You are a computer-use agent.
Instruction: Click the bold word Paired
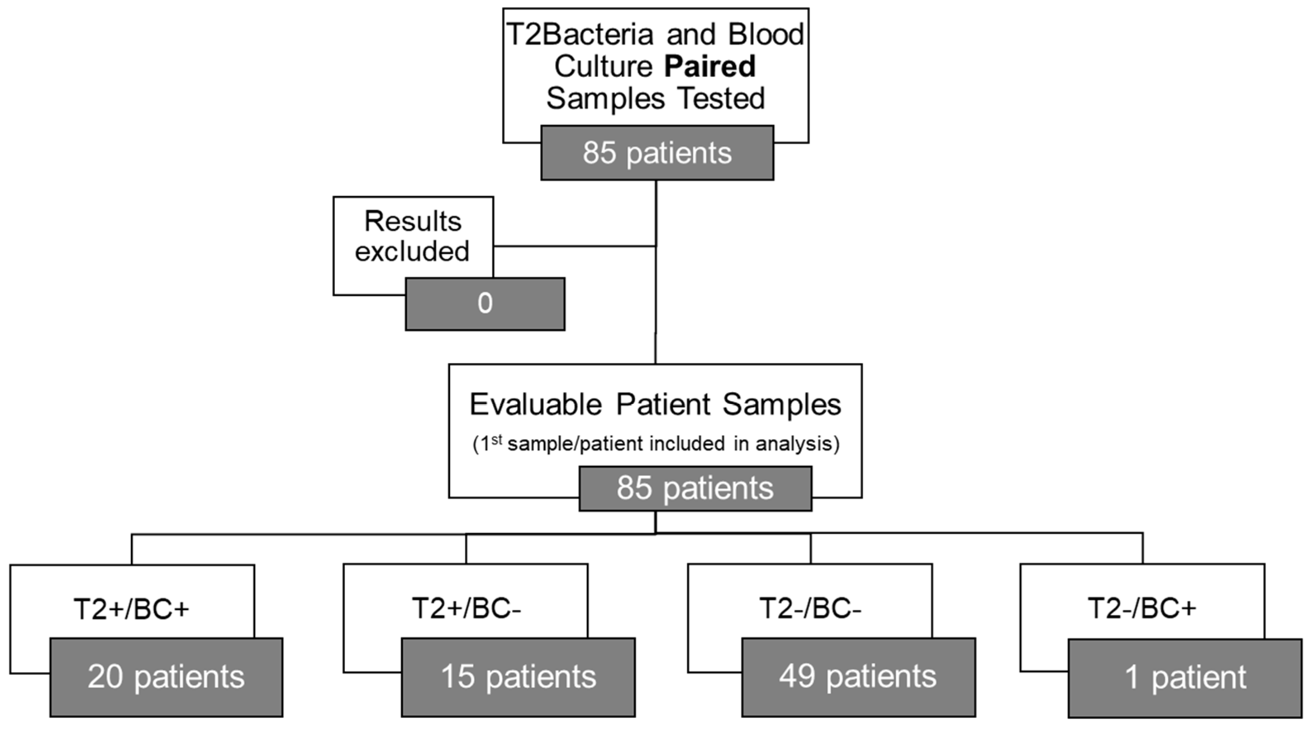coord(709,67)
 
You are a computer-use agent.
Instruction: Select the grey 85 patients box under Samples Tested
coord(657,153)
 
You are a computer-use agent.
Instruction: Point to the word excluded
coord(412,251)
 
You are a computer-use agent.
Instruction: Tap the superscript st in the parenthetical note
coord(496,439)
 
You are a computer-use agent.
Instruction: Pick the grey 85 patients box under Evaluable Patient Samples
coord(695,488)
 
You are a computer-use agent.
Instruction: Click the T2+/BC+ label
coord(132,609)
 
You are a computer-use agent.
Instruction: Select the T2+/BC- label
coord(466,609)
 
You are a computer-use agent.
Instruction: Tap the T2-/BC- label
coord(810,609)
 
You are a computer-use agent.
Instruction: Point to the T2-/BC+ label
coord(1142,609)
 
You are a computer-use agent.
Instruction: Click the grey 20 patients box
coord(166,677)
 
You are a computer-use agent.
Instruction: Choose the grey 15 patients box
coord(518,677)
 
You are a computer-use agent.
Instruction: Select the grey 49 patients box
coord(858,677)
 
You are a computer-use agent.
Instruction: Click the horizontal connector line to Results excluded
coord(574,246)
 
